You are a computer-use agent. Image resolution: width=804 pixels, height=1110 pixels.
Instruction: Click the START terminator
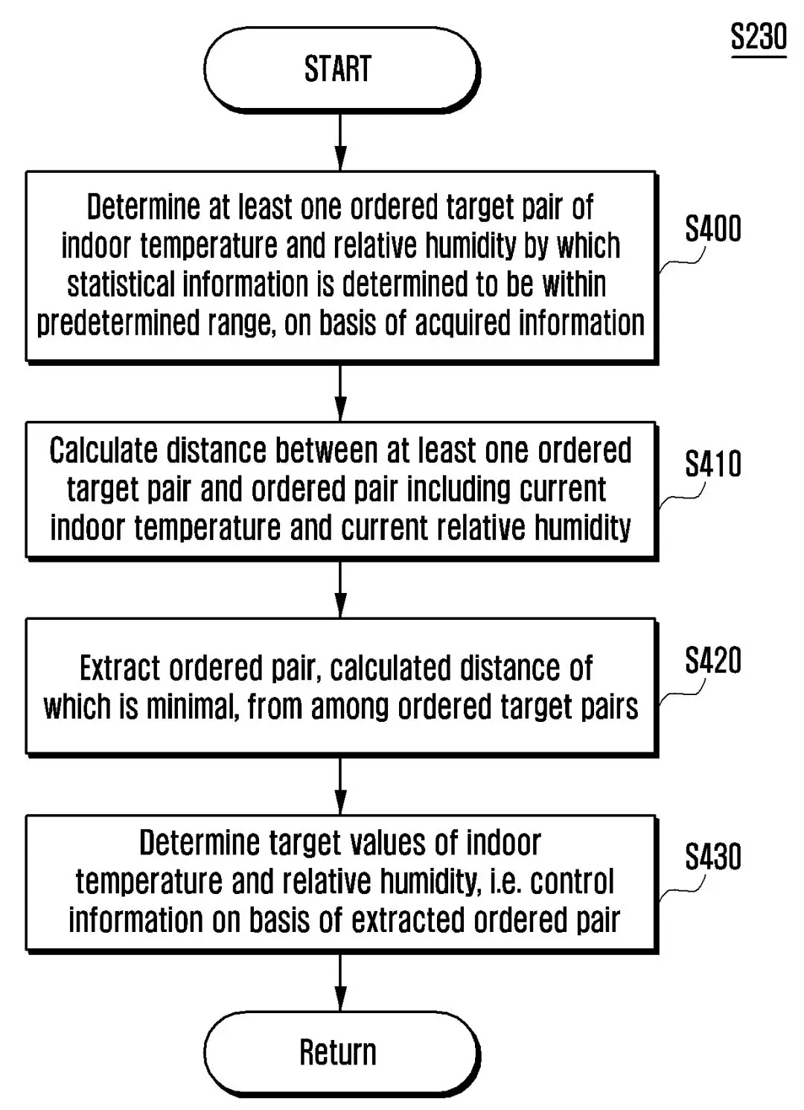click(x=339, y=69)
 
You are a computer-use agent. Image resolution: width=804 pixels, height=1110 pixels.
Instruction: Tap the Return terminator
click(x=339, y=1052)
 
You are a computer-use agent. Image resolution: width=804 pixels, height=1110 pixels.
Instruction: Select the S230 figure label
click(x=758, y=37)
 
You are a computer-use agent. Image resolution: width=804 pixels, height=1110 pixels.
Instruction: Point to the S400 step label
click(x=712, y=229)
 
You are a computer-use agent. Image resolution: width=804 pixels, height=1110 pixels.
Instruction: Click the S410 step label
click(x=712, y=464)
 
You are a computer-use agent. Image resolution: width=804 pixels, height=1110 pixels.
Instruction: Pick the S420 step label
click(x=712, y=660)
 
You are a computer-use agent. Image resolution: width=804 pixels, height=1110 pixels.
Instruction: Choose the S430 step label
click(x=712, y=857)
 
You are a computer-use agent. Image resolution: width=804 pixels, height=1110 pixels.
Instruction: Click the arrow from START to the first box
click(x=340, y=142)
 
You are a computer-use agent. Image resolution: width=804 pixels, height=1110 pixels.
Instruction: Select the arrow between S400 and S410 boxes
click(x=340, y=393)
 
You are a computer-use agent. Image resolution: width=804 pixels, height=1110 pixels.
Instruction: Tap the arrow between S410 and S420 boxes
click(x=340, y=589)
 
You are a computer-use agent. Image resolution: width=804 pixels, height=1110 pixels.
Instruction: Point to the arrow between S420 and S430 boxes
click(x=340, y=786)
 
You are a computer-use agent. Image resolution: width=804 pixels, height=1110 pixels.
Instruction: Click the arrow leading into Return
click(x=340, y=982)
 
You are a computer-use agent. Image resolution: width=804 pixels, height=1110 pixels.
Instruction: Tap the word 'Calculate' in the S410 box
click(x=103, y=451)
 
